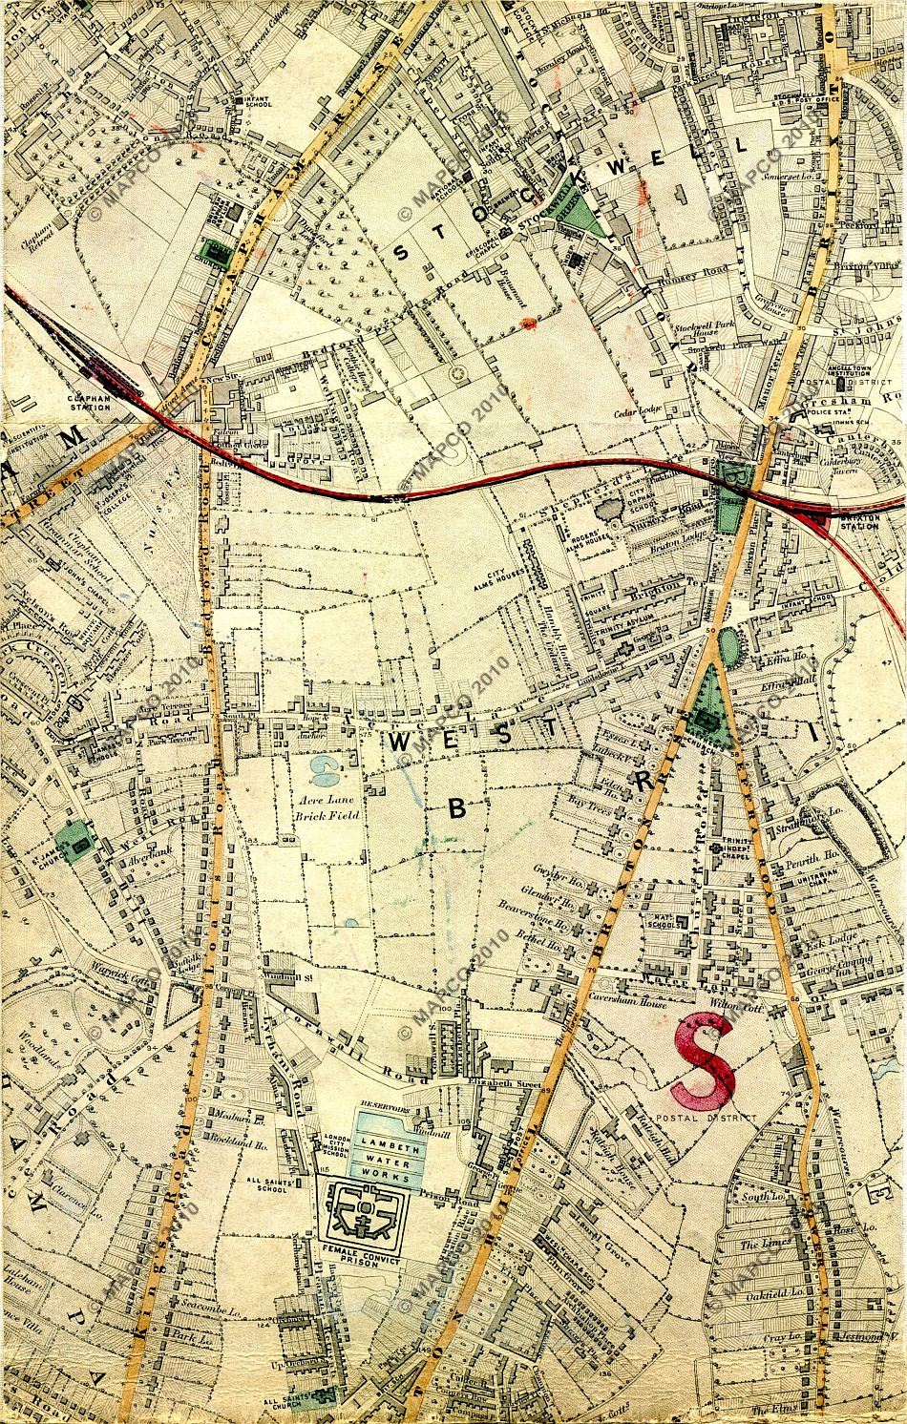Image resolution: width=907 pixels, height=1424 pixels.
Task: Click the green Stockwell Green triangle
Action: tap(578, 219)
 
